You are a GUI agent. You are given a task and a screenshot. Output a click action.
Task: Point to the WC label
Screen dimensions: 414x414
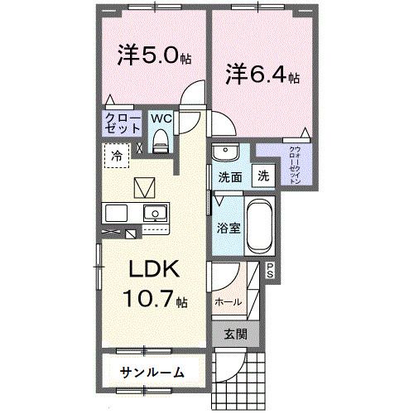tap(161, 118)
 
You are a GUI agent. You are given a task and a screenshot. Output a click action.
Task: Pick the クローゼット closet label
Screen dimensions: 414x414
tap(122, 124)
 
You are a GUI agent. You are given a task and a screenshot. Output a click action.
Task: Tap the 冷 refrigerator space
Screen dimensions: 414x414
tap(118, 155)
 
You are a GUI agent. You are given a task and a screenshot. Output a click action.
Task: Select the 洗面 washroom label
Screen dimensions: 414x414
tap(230, 177)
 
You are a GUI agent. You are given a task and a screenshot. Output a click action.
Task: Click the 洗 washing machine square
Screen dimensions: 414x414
tap(262, 176)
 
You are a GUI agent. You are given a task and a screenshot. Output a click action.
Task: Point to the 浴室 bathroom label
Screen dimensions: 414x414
tap(229, 227)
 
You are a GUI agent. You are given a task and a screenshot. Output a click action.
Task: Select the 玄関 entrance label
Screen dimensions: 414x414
tap(235, 335)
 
